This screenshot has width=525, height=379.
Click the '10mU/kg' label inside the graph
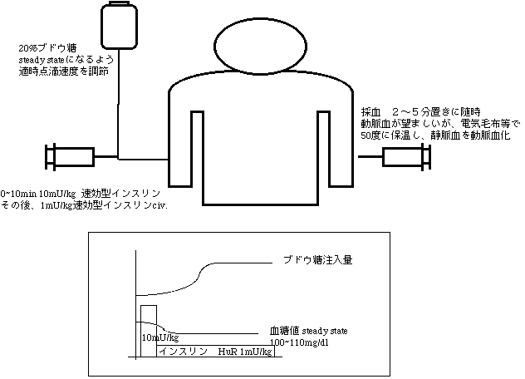point(160,337)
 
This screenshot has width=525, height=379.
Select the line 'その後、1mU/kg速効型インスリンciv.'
point(85,205)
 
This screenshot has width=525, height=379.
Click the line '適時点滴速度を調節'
point(61,72)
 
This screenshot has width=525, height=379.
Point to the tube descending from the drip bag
point(118,100)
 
